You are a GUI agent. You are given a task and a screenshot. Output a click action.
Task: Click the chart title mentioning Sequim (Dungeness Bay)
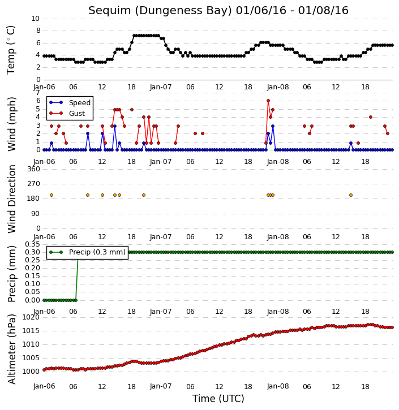click(x=218, y=10)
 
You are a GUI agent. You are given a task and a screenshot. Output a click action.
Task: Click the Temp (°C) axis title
click(x=11, y=50)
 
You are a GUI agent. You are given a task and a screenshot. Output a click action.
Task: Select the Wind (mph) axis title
click(x=11, y=124)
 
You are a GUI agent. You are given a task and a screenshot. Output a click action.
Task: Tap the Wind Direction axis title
click(x=11, y=199)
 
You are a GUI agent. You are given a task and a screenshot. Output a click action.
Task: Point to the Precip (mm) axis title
click(x=11, y=274)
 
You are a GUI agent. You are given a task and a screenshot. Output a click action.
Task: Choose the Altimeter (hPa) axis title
click(x=11, y=349)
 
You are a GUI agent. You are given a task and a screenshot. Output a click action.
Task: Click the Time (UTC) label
click(x=218, y=399)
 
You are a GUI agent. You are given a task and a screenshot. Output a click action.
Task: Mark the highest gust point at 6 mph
click(x=268, y=101)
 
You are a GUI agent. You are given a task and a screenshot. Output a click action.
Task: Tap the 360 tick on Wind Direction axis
click(x=34, y=169)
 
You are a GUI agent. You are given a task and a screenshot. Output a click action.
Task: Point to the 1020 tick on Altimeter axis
click(x=31, y=317)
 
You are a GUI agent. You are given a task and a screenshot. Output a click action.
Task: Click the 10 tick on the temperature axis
click(x=35, y=19)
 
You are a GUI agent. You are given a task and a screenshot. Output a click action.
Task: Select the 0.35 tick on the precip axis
click(x=32, y=244)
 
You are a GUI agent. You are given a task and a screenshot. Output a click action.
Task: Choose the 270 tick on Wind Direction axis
click(x=34, y=184)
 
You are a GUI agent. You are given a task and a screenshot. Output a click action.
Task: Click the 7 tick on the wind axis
click(x=38, y=93)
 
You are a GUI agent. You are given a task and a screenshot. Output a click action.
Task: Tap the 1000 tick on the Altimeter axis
click(x=31, y=372)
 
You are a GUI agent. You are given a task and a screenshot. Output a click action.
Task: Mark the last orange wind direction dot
click(x=351, y=195)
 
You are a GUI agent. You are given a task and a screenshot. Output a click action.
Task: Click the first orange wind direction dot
click(x=52, y=195)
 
